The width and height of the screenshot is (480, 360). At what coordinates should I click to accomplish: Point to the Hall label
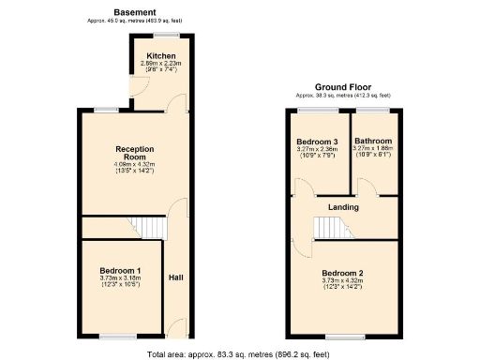[175, 277]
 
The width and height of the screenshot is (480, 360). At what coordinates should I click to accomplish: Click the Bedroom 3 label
[316, 142]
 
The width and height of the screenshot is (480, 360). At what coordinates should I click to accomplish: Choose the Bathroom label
[373, 142]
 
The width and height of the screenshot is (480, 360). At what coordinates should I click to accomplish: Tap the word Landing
[344, 206]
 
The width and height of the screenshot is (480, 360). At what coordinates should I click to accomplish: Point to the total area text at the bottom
[239, 353]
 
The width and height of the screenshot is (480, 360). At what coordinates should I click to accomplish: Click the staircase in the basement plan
[144, 227]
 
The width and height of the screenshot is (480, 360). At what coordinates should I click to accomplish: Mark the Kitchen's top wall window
[169, 35]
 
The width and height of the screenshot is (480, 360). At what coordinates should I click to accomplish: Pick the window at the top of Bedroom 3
[316, 111]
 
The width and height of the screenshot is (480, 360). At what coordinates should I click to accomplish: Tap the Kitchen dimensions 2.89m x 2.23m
[157, 63]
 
